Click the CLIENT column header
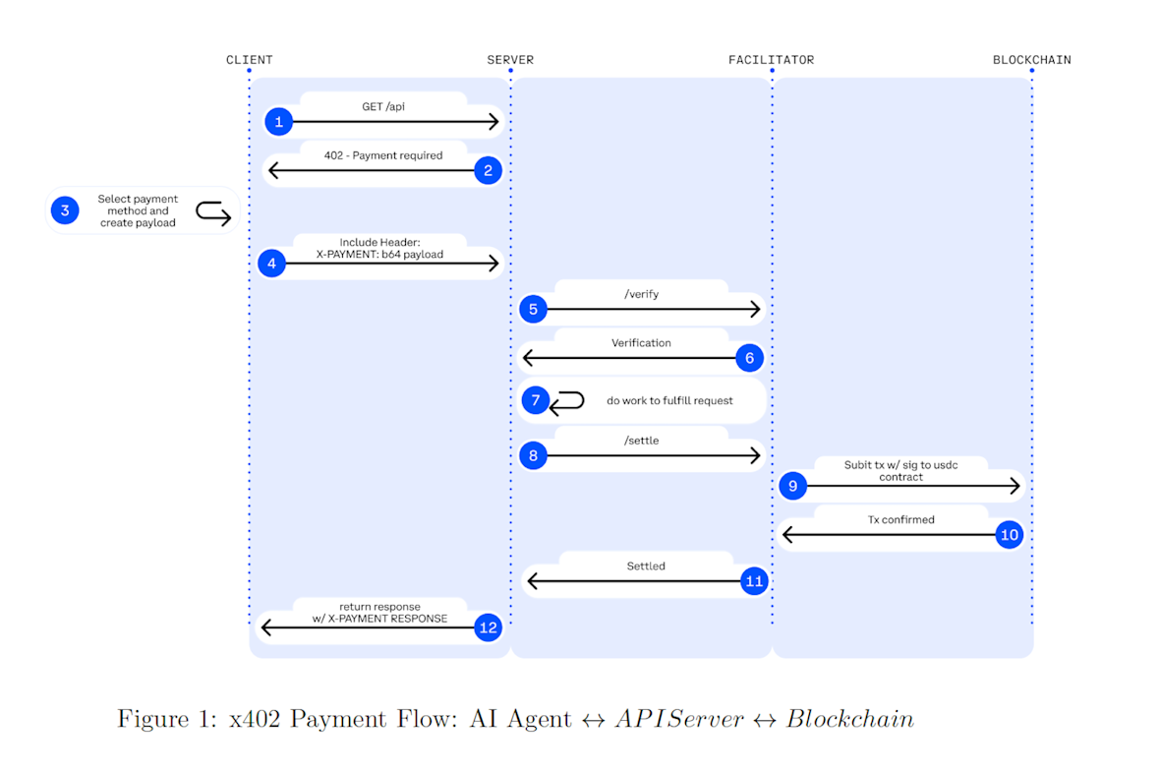[249, 60]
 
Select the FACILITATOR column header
[771, 60]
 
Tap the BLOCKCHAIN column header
[1031, 60]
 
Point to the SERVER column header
[510, 60]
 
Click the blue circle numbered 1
[279, 122]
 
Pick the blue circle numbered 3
[65, 210]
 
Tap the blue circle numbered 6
[749, 358]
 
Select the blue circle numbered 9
[793, 485]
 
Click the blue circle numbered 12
[489, 627]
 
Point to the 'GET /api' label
[383, 106]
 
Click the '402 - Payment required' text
[383, 155]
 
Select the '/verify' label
[641, 293]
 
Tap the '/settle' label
[641, 441]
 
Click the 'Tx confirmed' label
[900, 519]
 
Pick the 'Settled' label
[646, 566]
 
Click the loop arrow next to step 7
[567, 401]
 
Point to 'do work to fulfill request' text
[669, 401]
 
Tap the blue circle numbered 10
[1009, 535]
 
